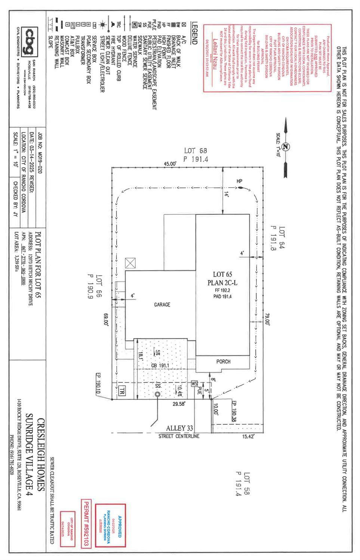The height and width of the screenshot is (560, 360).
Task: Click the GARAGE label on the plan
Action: pos(162,305)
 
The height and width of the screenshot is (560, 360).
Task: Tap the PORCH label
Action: pos(223,362)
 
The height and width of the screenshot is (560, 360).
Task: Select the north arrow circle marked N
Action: pos(286,147)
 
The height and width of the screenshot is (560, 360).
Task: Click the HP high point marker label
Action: pos(239,181)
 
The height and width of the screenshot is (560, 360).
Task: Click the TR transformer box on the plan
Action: pos(122,391)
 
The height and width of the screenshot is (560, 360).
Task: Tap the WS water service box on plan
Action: pos(194,384)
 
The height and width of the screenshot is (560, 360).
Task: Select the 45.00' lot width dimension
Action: pos(170,164)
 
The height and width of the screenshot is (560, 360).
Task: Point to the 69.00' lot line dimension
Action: pos(106,321)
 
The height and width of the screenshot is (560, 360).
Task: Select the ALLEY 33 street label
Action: pos(179,428)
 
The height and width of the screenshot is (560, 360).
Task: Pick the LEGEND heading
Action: pos(194,33)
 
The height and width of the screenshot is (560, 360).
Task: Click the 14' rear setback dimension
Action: pos(226,194)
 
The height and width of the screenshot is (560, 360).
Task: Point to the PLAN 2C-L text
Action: pos(222,283)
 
